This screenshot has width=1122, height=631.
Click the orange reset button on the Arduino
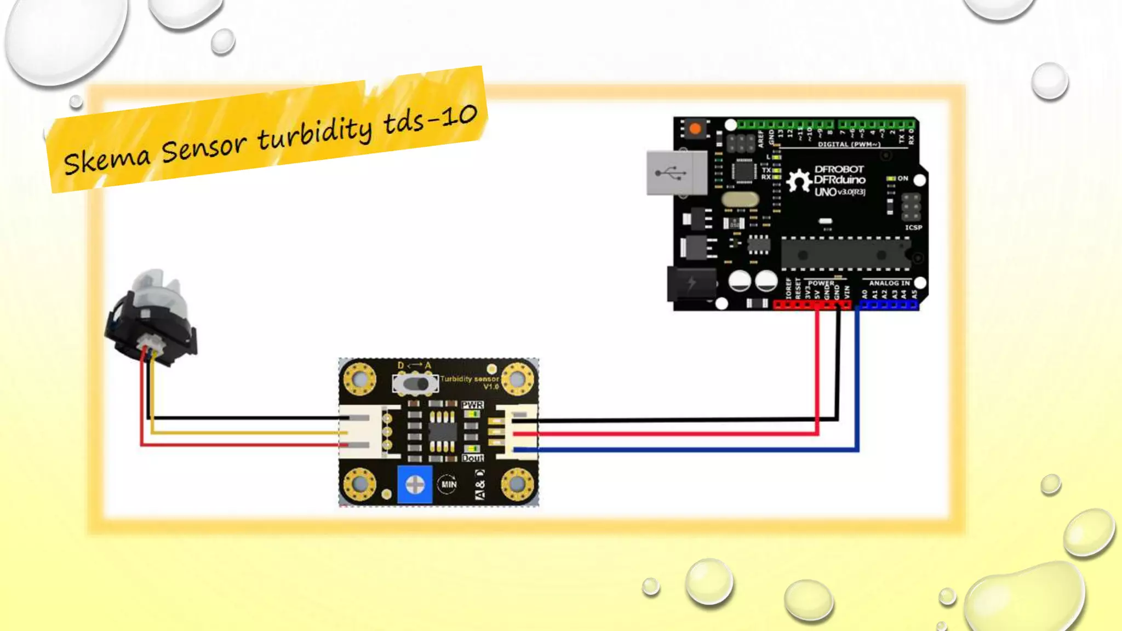[695, 129]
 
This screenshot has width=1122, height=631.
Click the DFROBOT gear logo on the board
[799, 181]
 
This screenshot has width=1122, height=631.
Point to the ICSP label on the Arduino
[913, 227]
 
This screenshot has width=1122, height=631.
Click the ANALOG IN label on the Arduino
[889, 283]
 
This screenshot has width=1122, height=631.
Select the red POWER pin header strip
[812, 305]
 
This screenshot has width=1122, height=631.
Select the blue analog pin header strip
[888, 305]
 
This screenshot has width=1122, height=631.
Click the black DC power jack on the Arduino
[690, 284]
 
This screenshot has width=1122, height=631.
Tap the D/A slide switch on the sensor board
[415, 384]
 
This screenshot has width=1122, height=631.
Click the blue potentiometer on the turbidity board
[415, 484]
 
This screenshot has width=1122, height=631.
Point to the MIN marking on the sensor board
[449, 484]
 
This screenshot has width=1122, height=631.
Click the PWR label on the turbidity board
[472, 405]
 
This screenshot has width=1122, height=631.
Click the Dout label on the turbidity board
[472, 458]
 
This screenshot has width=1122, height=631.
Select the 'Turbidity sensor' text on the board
[470, 379]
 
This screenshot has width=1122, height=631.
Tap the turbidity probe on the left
[151, 318]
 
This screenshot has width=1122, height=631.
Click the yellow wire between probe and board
[247, 433]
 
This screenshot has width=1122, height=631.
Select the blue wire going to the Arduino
[685, 450]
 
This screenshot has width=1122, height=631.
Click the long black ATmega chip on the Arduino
[844, 255]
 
